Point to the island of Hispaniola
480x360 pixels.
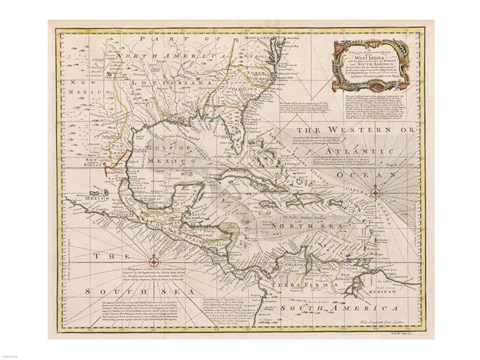pos(304,202)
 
